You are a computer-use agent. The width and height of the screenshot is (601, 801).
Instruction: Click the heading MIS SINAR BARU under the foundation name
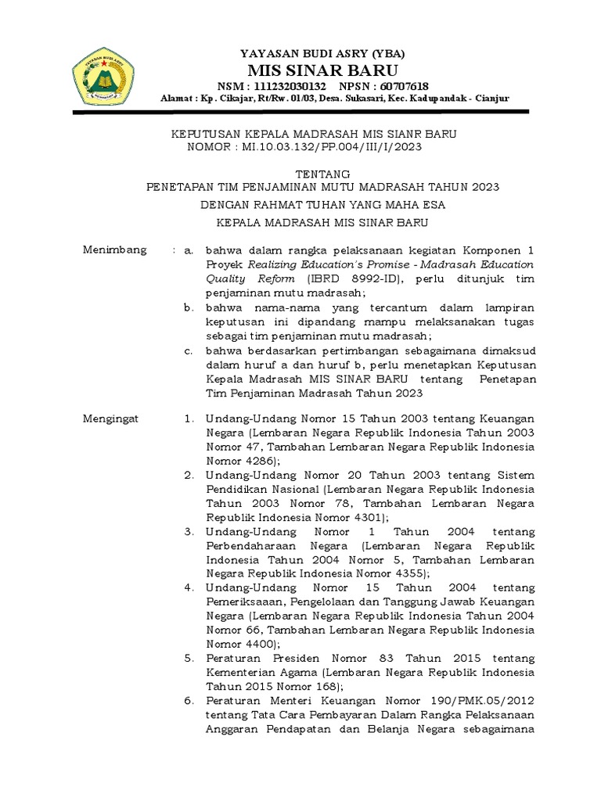click(322, 70)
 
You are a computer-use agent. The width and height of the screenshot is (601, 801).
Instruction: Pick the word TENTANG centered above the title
click(323, 174)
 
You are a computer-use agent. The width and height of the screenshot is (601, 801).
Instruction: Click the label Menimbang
click(115, 250)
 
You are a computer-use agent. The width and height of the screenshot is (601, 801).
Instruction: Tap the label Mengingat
click(111, 418)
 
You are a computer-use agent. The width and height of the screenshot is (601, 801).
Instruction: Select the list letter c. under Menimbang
click(189, 350)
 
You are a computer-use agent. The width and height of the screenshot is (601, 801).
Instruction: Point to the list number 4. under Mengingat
click(189, 587)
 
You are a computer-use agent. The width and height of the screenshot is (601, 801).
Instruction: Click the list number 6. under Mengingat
click(189, 700)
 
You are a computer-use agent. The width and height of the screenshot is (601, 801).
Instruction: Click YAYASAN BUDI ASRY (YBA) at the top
click(322, 53)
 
